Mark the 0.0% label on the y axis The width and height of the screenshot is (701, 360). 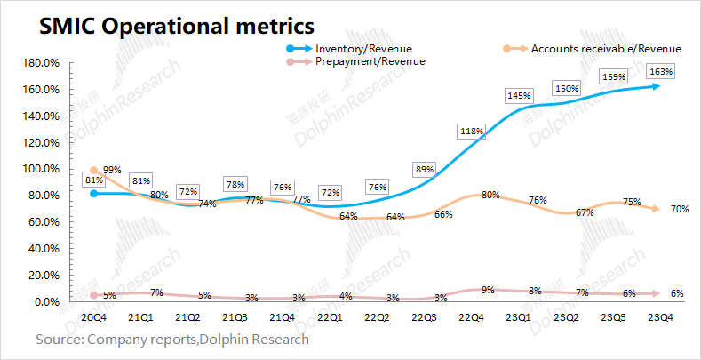tap(44, 302)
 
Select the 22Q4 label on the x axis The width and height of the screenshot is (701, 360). tap(471, 316)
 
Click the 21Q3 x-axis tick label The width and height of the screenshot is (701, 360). tap(235, 316)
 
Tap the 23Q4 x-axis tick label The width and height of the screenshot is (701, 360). tap(658, 316)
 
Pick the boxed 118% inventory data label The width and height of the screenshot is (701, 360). tap(472, 132)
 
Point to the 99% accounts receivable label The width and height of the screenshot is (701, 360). tap(112, 170)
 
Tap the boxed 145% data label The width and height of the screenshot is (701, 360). tap(519, 95)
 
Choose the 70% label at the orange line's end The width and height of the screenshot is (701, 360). tap(681, 209)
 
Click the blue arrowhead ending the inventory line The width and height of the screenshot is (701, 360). tap(656, 86)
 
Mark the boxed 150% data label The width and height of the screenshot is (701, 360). tap(566, 89)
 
